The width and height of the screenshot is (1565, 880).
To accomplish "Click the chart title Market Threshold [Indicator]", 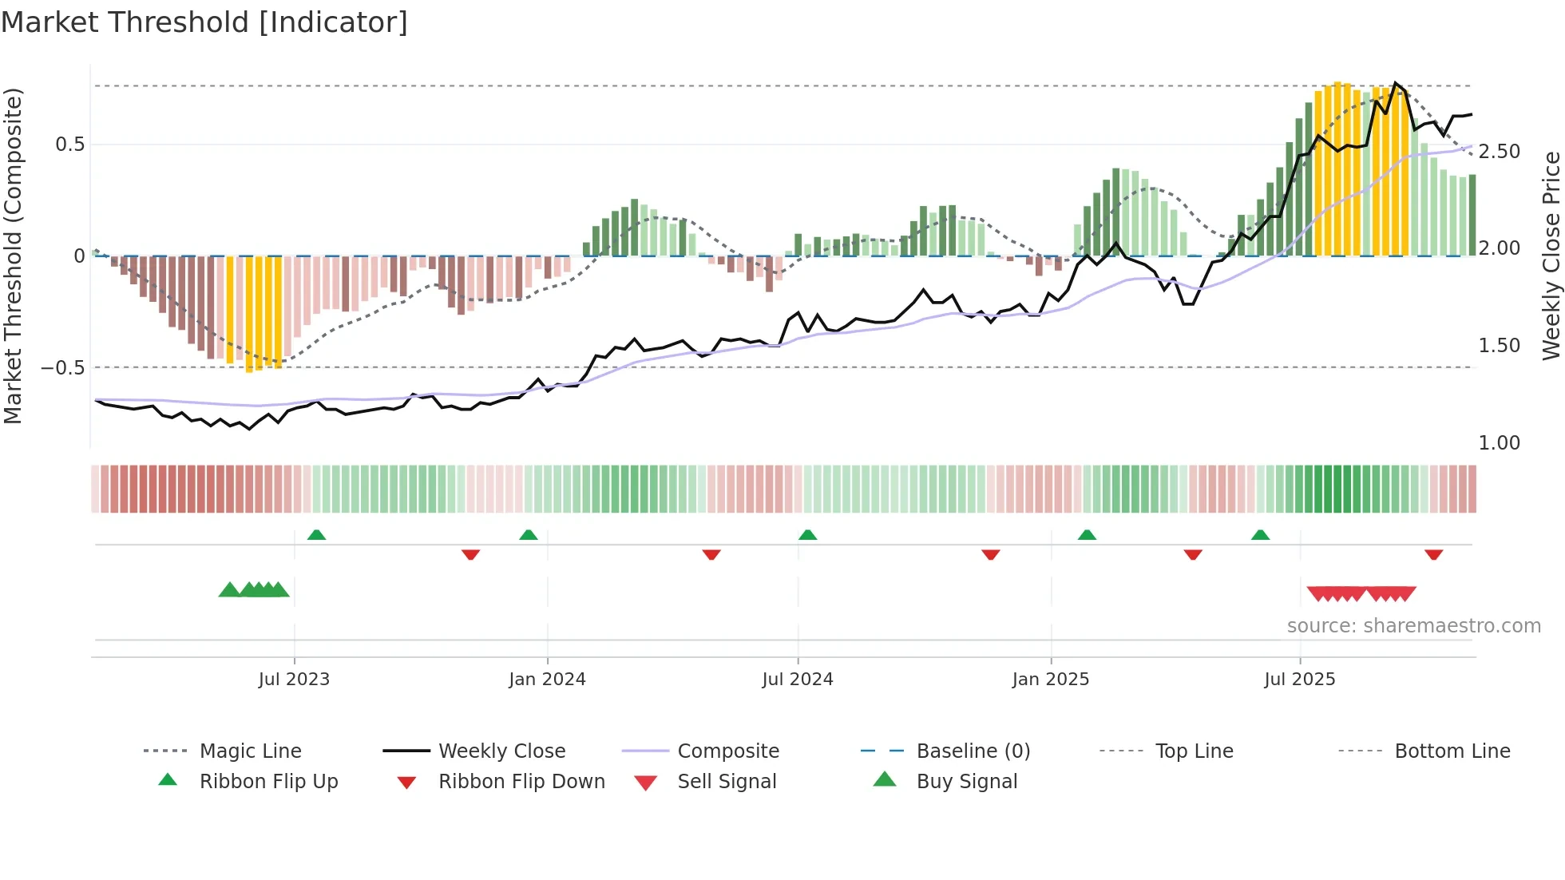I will click(204, 22).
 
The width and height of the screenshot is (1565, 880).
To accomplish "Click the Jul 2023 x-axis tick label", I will click(294, 680).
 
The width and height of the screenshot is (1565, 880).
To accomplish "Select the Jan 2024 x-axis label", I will click(547, 680).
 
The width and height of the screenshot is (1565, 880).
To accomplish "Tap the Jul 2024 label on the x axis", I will click(797, 680).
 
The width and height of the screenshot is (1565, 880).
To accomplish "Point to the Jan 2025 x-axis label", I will click(1050, 680).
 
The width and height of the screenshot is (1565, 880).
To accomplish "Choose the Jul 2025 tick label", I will click(1299, 680).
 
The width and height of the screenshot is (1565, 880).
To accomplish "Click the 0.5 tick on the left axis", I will click(69, 145).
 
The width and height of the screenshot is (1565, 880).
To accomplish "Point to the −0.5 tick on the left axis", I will click(62, 368).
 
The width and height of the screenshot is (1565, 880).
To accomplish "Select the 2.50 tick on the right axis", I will click(1499, 152).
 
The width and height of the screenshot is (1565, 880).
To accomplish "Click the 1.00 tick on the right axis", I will click(1499, 443).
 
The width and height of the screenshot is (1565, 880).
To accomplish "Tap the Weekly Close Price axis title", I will click(1551, 256).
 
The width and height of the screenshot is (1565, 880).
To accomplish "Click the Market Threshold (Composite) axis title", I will click(13, 256).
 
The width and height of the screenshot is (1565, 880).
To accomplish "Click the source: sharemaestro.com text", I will click(1413, 626).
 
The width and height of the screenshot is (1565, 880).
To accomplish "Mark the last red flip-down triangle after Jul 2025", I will click(1433, 554).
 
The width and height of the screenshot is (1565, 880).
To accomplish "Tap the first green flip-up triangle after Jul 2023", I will click(316, 535).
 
